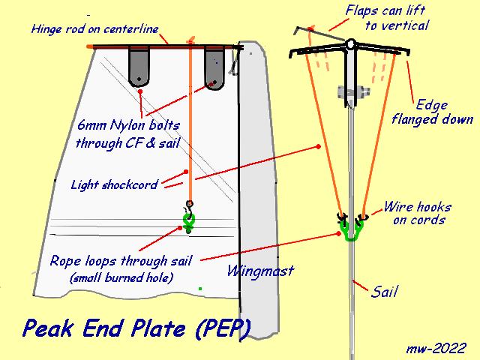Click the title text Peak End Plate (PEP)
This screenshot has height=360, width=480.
(136, 328)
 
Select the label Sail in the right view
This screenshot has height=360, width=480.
(385, 292)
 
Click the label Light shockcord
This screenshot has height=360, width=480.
(113, 184)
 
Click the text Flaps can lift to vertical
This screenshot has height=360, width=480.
(385, 18)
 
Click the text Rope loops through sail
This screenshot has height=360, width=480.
(121, 261)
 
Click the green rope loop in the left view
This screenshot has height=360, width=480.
(188, 220)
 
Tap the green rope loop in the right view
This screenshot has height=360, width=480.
(350, 232)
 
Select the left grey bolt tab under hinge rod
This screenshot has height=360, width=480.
(139, 66)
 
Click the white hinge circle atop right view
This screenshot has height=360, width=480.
(350, 44)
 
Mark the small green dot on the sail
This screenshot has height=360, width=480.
(199, 288)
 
